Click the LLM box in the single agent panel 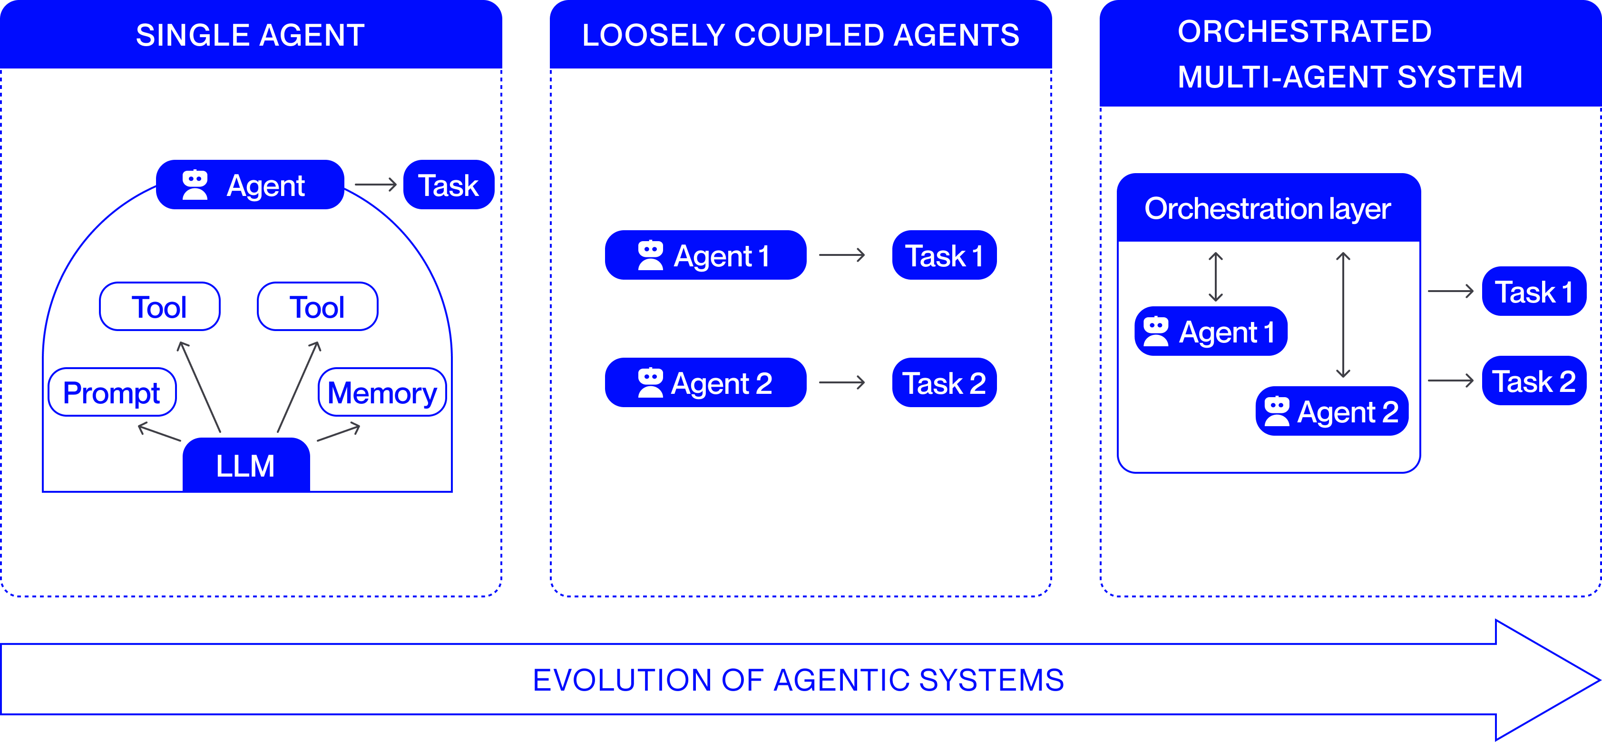click(245, 465)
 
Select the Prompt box click(112, 392)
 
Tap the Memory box click(382, 392)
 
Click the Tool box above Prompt click(159, 307)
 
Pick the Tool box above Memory click(317, 307)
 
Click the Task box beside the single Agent click(449, 185)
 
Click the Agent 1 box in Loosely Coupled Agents click(705, 255)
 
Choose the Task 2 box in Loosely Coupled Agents click(944, 382)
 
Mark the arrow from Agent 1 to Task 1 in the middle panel click(842, 255)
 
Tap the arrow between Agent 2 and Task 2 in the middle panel click(842, 382)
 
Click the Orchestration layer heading click(1268, 208)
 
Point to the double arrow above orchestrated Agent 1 click(1216, 277)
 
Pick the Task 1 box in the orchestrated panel click(1534, 292)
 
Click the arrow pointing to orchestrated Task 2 click(1450, 381)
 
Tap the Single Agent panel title click(250, 35)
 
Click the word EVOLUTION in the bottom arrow click(622, 680)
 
